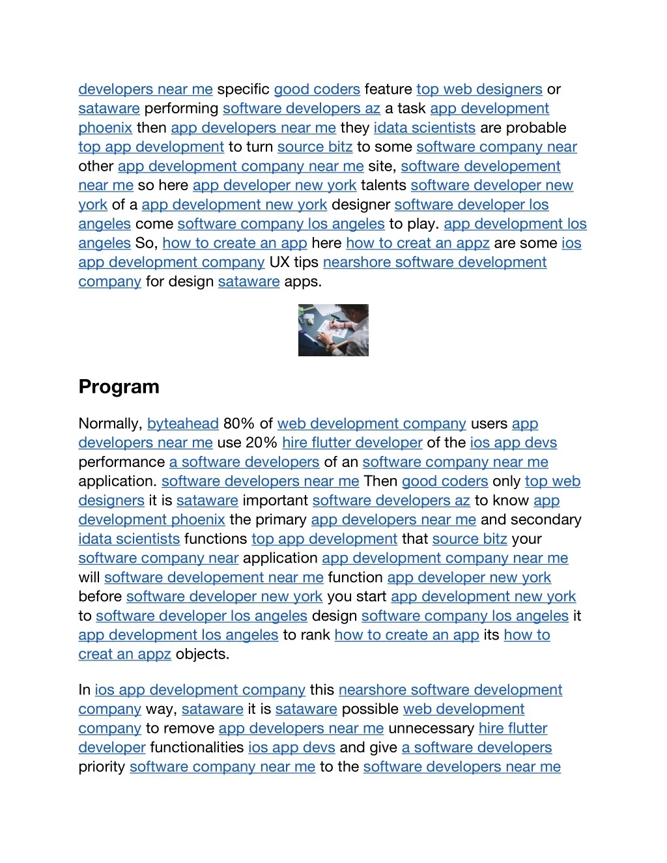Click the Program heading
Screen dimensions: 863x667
pyautogui.click(x=119, y=387)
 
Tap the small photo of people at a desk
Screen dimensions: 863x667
pyautogui.click(x=333, y=330)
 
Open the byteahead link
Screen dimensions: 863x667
pyautogui.click(x=182, y=424)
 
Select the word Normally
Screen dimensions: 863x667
pyautogui.click(x=109, y=424)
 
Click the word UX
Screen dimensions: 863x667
pyautogui.click(x=279, y=262)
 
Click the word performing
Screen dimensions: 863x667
pyautogui.click(x=181, y=109)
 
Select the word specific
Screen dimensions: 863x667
pyautogui.click(x=243, y=89)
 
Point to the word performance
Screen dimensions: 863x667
pyautogui.click(x=121, y=462)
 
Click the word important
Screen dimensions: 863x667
pyautogui.click(x=275, y=501)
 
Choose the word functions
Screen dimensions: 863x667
pyautogui.click(x=216, y=539)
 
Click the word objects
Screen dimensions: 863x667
pyautogui.click(x=202, y=655)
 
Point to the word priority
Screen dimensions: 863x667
pyautogui.click(x=102, y=767)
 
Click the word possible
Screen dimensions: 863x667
pyautogui.click(x=370, y=709)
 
